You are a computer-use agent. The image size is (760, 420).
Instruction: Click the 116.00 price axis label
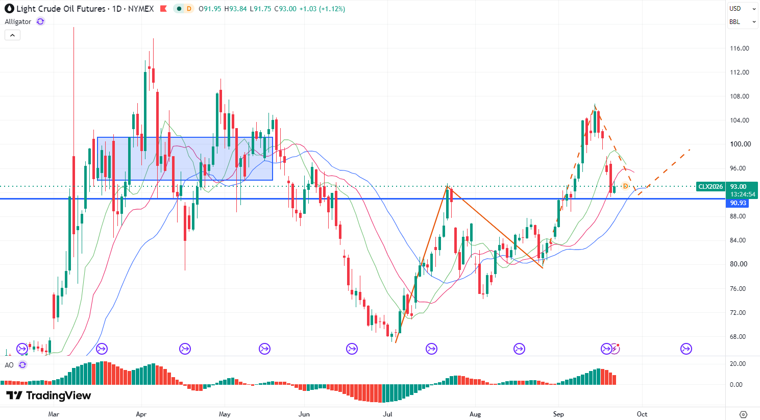[x=739, y=48]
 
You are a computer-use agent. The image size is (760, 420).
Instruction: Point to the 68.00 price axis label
[x=738, y=336]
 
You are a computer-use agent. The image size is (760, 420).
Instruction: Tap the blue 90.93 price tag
[x=738, y=203]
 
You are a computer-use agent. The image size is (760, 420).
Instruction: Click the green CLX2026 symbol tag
[x=710, y=187]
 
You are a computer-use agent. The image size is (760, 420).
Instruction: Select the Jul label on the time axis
[x=387, y=414]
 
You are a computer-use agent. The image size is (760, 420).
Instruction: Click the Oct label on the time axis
[x=642, y=414]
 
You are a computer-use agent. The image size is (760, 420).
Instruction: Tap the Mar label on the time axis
[x=54, y=414]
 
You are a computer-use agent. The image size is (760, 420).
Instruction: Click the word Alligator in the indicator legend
[x=18, y=22]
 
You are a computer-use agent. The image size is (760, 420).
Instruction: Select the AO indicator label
[x=9, y=365]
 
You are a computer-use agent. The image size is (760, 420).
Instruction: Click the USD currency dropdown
[x=742, y=9]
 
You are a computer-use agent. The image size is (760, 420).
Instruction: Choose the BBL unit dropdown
[x=742, y=22]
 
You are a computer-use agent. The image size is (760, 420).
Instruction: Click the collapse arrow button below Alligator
[x=13, y=35]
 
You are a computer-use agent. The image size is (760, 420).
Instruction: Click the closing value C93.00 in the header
[x=285, y=9]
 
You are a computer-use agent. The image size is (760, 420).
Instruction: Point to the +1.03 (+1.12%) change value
[x=322, y=9]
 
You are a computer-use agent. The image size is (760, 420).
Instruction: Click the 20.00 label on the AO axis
[x=738, y=364]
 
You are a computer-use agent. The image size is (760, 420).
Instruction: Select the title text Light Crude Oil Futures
[x=61, y=9]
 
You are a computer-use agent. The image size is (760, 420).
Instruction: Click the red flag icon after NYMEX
[x=163, y=9]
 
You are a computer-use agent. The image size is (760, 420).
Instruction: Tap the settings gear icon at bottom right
[x=743, y=414]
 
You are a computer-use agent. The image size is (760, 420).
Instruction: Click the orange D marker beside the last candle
[x=625, y=186]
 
